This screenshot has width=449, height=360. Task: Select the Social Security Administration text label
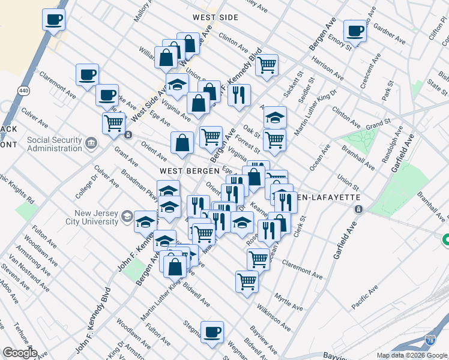point(55,143)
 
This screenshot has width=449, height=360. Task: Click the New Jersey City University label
point(96,217)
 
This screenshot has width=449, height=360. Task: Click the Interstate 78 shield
point(430,340)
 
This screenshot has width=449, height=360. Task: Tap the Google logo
point(20,353)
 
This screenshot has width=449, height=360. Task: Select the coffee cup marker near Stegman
point(211,331)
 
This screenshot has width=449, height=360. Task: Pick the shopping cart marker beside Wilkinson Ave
point(247,281)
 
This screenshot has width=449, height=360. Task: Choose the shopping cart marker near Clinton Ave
point(267,64)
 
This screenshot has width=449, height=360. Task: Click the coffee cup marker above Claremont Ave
point(88,74)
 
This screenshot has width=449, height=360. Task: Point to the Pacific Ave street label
point(365,296)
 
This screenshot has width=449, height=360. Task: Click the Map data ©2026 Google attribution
point(412,355)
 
